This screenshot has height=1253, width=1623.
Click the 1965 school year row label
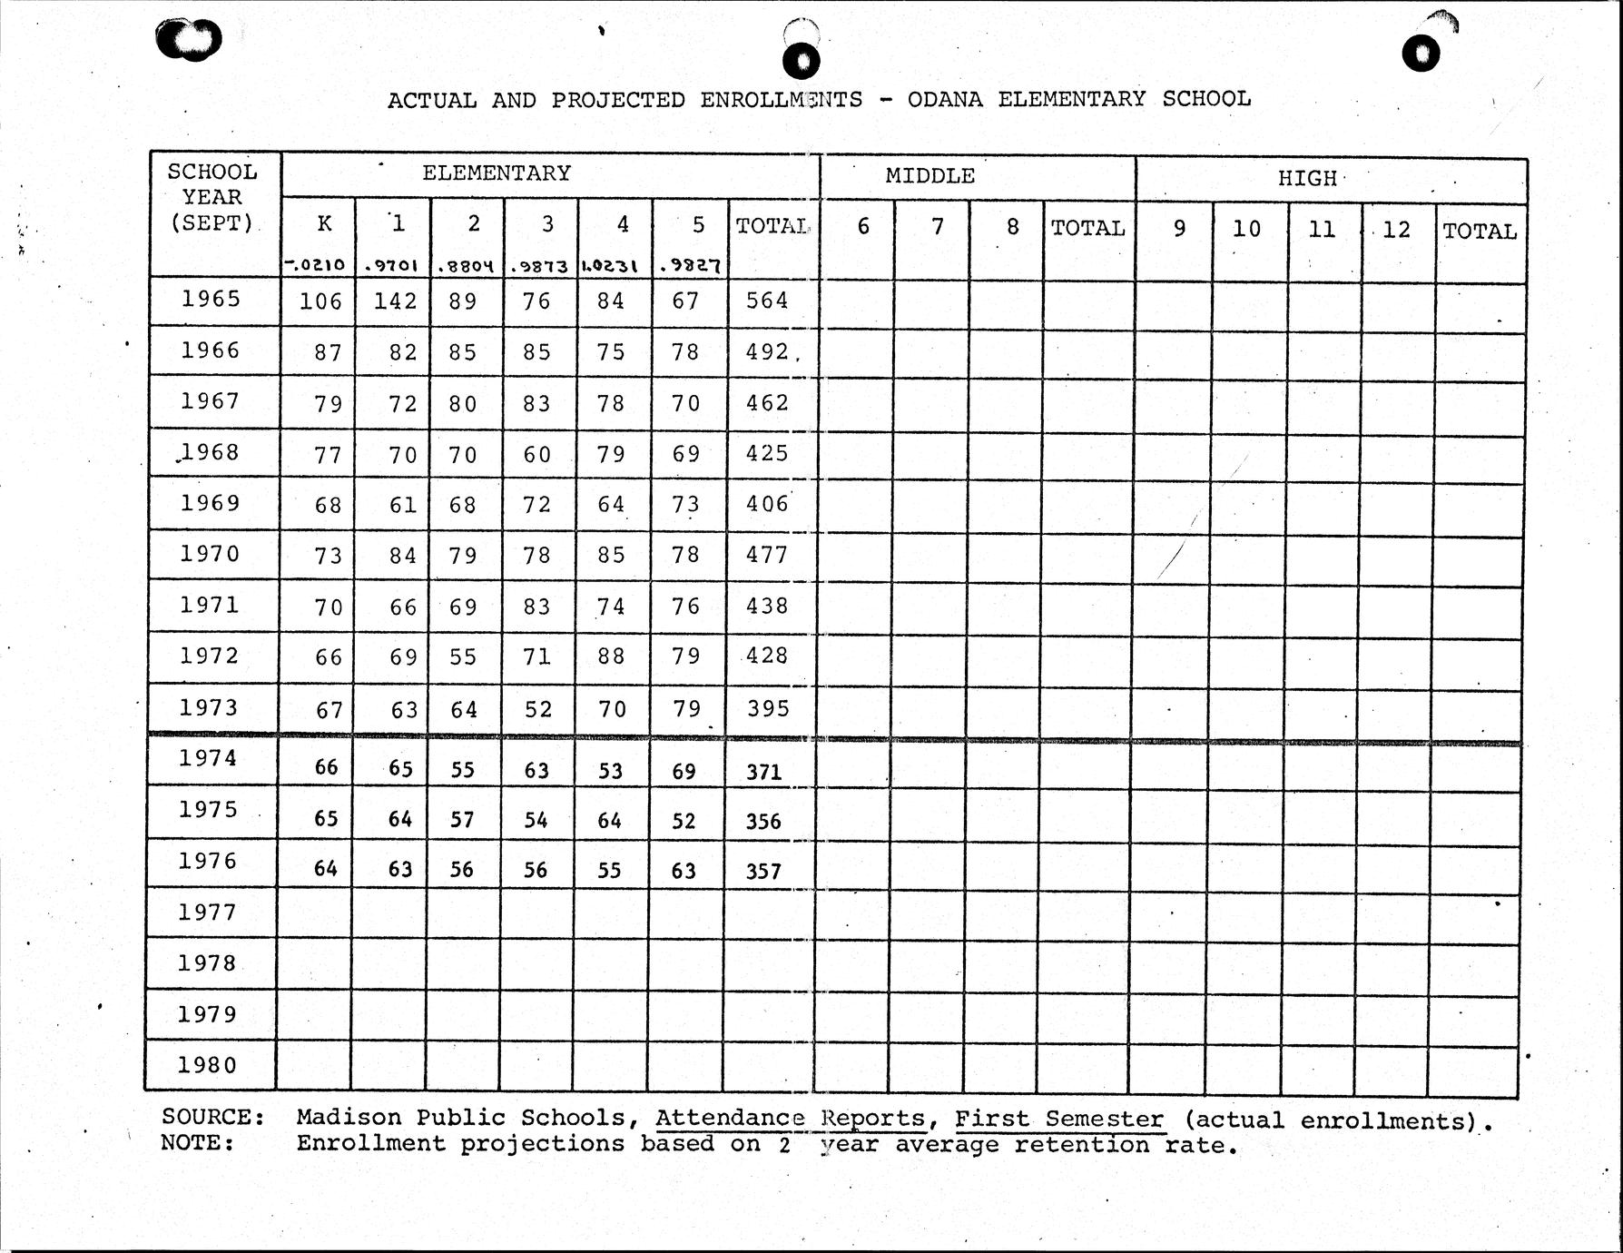tap(211, 299)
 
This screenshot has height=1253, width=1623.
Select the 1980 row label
tap(207, 1065)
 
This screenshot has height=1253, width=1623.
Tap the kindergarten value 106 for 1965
tap(320, 301)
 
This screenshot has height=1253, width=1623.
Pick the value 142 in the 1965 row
tap(395, 301)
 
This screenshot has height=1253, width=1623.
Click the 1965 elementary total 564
tap(767, 301)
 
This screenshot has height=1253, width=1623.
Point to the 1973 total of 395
tap(768, 708)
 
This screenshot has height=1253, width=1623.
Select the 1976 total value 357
tap(763, 872)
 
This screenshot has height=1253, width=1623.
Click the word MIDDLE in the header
tap(930, 176)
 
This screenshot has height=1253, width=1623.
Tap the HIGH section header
tap(1307, 178)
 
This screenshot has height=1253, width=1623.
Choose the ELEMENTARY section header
tap(497, 173)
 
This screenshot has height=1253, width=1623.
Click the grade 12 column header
tap(1396, 230)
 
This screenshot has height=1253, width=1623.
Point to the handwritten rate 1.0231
tap(609, 267)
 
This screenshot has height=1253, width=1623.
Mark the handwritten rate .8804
tap(465, 267)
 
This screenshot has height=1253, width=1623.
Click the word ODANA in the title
tap(945, 99)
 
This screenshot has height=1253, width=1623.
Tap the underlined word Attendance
tap(730, 1119)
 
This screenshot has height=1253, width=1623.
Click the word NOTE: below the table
tap(197, 1142)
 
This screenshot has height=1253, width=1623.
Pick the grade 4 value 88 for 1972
tap(611, 656)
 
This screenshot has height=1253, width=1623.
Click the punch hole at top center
tap(801, 60)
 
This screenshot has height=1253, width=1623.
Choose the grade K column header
tap(324, 224)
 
